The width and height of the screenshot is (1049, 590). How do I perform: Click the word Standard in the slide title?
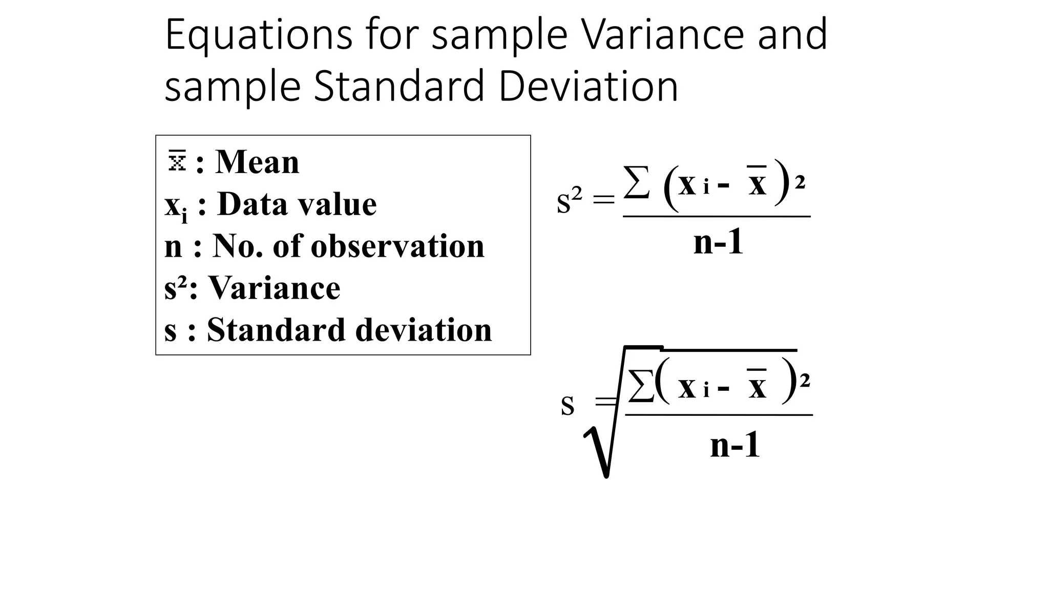(x=398, y=86)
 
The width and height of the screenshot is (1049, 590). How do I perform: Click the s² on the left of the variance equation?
(x=569, y=200)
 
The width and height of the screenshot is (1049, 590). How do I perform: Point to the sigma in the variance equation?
(x=637, y=183)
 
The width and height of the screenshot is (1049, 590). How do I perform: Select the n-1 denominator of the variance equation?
(x=718, y=242)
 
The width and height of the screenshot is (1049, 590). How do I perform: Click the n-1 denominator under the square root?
(x=735, y=445)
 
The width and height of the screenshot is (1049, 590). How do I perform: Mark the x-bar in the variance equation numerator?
(x=757, y=183)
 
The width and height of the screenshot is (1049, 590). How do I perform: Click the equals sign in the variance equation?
(x=603, y=200)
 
